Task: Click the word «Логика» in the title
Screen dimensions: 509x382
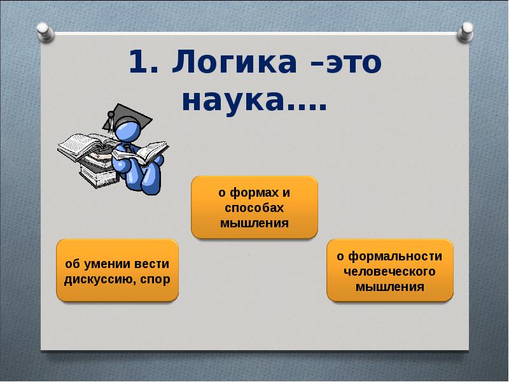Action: pos(234,62)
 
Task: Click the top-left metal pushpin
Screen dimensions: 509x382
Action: pos(45,32)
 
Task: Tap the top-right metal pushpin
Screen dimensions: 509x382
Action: pos(465,32)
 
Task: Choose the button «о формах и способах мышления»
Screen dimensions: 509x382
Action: pos(254,208)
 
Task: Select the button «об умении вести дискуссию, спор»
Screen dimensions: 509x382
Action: pos(118,271)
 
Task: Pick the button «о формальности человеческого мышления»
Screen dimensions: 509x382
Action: pos(390,271)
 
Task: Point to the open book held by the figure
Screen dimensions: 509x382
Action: pos(141,153)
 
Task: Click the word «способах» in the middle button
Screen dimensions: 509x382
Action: pos(254,208)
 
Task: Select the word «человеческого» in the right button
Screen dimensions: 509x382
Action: pos(389,271)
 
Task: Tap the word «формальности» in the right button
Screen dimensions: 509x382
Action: pos(395,257)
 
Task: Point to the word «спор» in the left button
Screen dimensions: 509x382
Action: pos(155,279)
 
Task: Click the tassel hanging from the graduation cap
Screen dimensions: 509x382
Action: pos(111,124)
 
